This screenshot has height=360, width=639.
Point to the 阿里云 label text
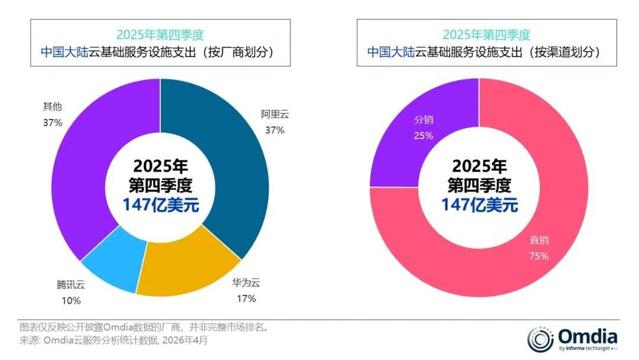[275, 114]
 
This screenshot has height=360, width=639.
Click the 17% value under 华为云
[247, 299]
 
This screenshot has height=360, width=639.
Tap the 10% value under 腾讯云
[72, 301]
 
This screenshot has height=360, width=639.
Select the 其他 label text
[53, 107]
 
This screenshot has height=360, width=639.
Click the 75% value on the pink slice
[539, 256]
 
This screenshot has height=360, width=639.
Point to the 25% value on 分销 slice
[424, 136]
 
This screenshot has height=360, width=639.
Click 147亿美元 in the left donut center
[160, 205]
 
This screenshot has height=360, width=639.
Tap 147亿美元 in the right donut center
[480, 205]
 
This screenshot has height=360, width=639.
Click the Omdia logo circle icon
[540, 339]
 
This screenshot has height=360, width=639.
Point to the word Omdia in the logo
[588, 337]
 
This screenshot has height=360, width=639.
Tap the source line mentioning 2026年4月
[114, 340]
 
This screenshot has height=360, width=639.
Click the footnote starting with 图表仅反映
[144, 327]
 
